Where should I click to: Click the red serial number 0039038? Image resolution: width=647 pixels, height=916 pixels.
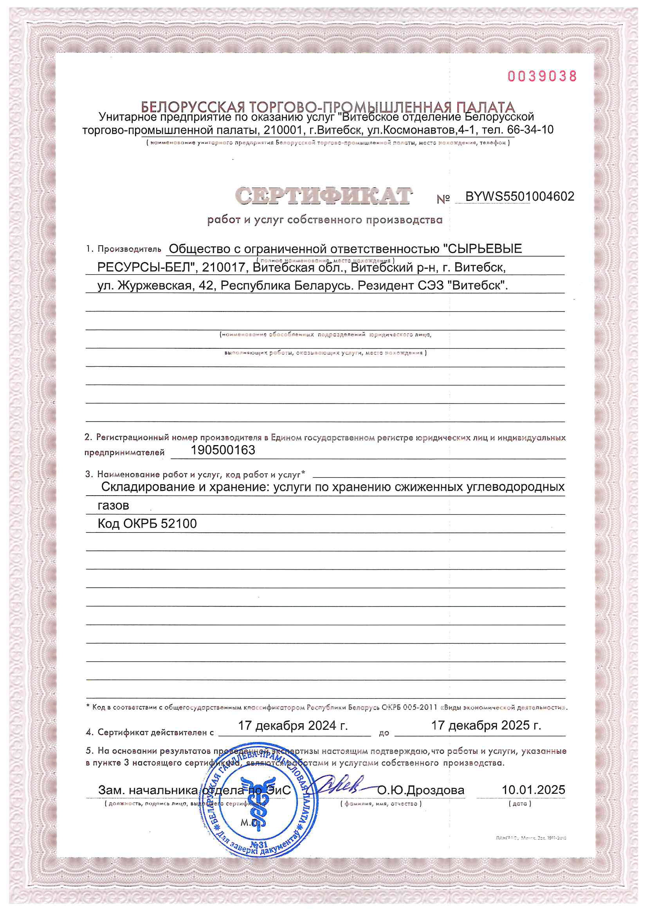(542, 76)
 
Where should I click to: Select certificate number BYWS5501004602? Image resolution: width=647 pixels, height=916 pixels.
(519, 196)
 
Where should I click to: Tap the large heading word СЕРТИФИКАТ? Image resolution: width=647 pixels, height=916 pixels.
(323, 196)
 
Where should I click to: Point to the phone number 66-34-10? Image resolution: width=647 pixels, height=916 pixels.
(530, 130)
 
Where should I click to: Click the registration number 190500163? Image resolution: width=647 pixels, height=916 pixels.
(223, 450)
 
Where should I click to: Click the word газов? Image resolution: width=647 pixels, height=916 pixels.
(113, 505)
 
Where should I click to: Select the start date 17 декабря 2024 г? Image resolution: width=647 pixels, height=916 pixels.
(293, 725)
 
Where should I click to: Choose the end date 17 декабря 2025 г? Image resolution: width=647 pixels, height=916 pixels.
(486, 725)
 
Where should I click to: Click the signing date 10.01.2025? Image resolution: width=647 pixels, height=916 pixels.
(533, 789)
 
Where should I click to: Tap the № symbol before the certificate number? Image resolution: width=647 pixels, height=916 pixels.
(443, 199)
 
